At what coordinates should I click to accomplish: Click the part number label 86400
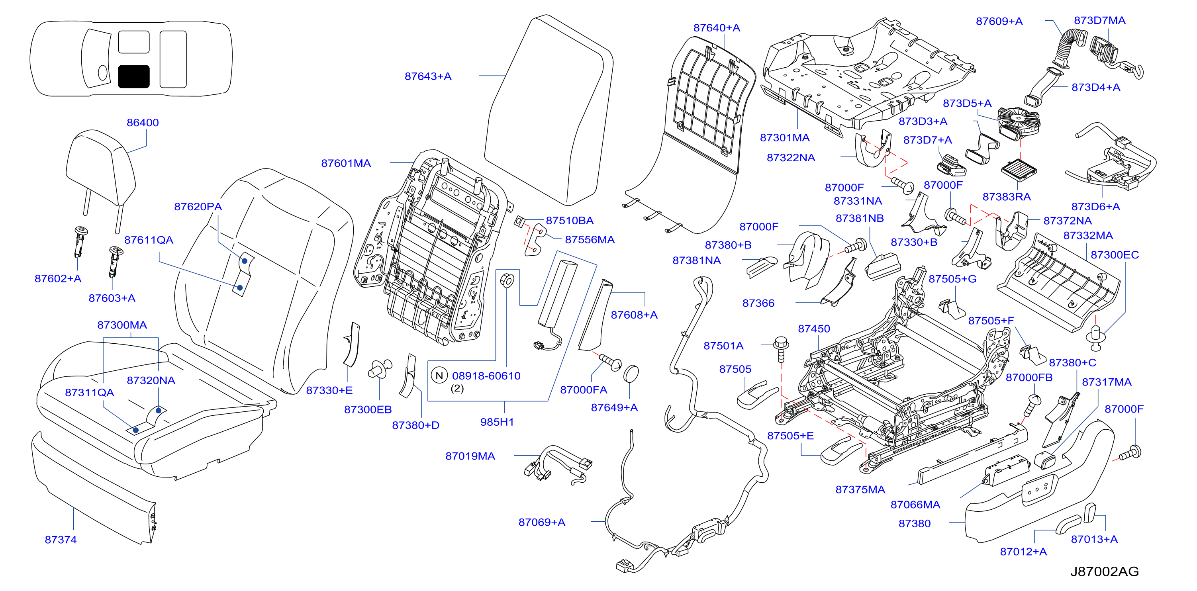pos(143,123)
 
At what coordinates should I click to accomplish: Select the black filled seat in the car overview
pos(134,76)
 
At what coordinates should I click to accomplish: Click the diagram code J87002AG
pos(1105,571)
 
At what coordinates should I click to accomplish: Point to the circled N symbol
pos(439,376)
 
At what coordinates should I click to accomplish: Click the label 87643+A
pos(428,76)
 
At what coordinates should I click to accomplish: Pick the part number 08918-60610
pos(486,376)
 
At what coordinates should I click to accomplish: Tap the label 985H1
pos(497,422)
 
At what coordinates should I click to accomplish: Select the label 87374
pos(61,539)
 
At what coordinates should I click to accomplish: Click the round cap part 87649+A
pos(631,374)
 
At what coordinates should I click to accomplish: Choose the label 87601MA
pos(346,163)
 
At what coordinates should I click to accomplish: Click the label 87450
pos(814,329)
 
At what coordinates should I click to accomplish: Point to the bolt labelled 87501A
pos(781,349)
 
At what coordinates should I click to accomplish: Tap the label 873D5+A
pos(968,103)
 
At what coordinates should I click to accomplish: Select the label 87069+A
pos(542,522)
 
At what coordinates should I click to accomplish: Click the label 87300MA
pos(122,325)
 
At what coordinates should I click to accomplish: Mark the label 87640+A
pos(717,28)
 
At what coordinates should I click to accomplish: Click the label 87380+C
pos(1072,362)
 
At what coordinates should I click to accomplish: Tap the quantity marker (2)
pos(457,388)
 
